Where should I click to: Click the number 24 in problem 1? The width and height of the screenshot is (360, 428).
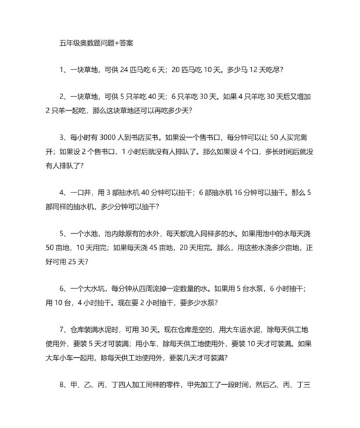pyautogui.click(x=136, y=69)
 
